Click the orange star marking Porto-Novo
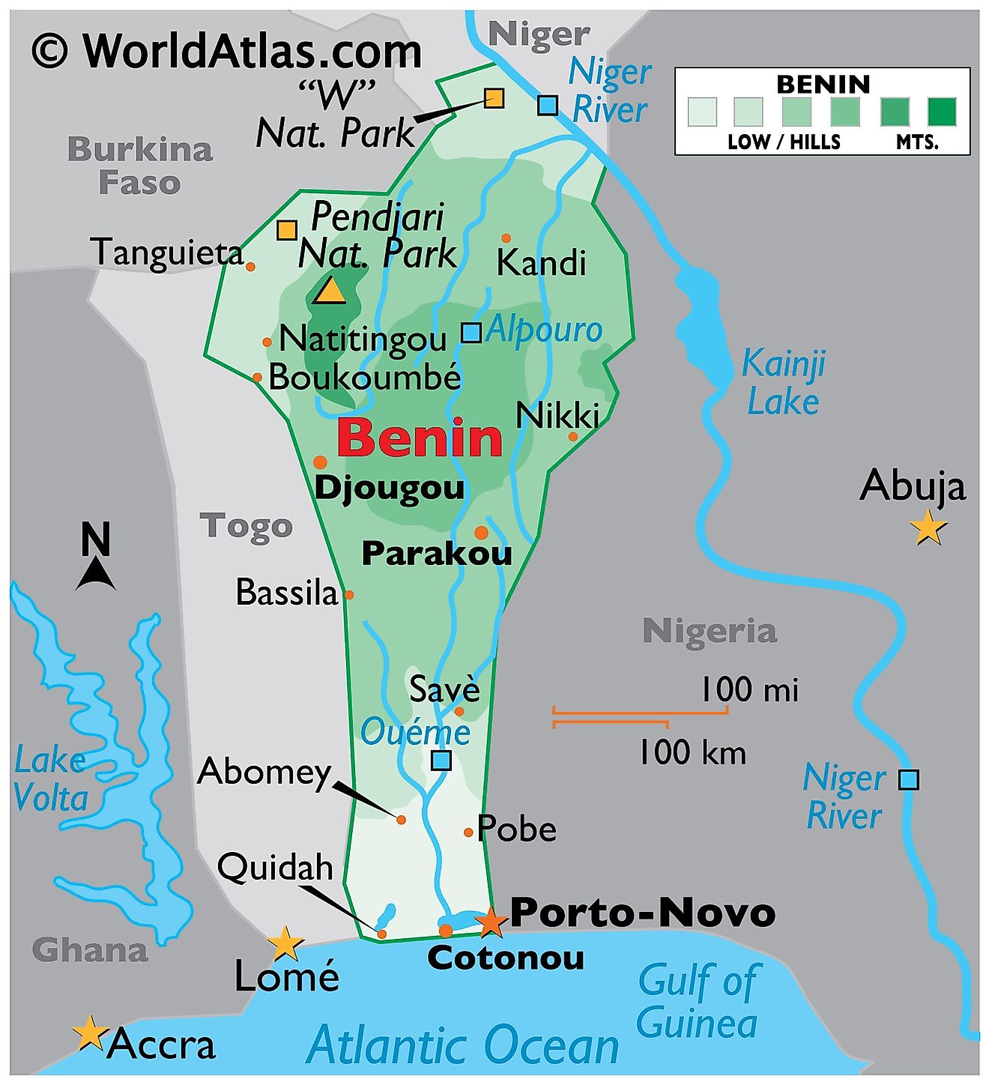(491, 922)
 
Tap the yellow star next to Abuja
(928, 528)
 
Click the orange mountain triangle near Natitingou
(329, 291)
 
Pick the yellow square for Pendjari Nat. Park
(286, 230)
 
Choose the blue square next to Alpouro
(471, 332)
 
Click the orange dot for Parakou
(481, 533)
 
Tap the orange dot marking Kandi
(506, 238)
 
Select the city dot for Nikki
(573, 436)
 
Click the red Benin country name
(420, 438)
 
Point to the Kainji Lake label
(783, 383)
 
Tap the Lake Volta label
(51, 779)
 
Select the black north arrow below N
(95, 576)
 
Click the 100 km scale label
(692, 752)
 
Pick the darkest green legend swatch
(942, 112)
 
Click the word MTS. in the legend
(918, 142)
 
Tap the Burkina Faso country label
(140, 166)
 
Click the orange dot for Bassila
(348, 595)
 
